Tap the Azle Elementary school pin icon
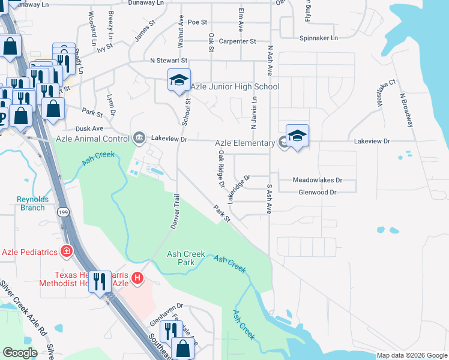(297, 136)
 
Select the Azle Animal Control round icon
(139, 139)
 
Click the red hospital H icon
(137, 278)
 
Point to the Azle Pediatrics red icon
(67, 251)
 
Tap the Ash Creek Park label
(181, 258)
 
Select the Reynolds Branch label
(31, 203)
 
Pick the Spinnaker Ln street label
(318, 38)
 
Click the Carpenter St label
(237, 41)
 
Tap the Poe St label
(197, 22)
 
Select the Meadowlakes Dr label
(317, 180)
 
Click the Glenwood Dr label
(317, 192)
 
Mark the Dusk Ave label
(89, 128)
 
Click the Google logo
(20, 353)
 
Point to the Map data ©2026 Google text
(411, 355)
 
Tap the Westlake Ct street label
(387, 91)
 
